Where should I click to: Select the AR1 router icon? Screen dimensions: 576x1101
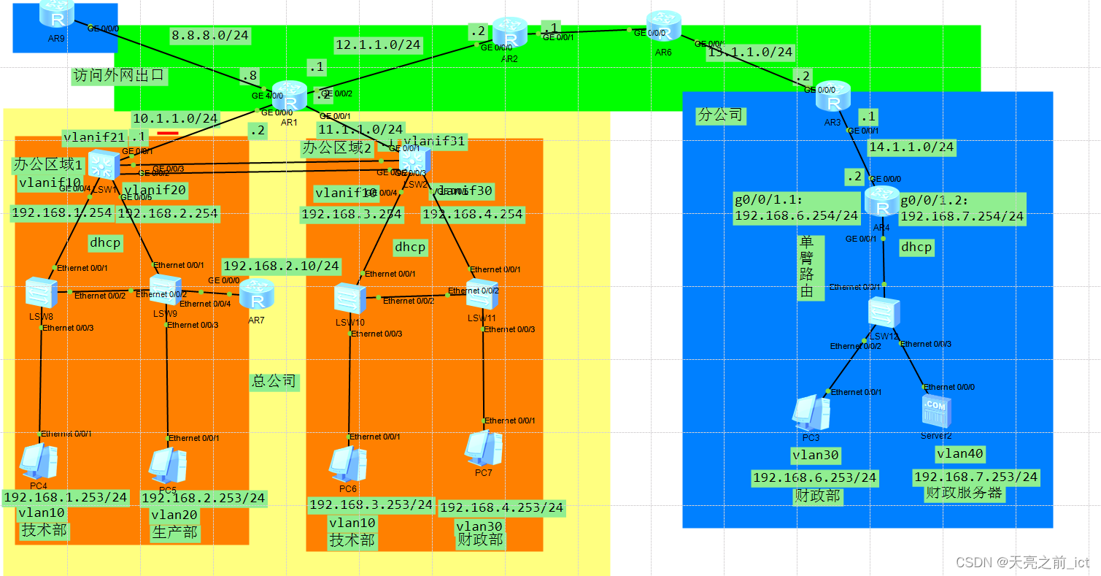pos(291,97)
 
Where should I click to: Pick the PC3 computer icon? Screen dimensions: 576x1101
pos(811,413)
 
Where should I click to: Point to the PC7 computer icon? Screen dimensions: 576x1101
pos(484,448)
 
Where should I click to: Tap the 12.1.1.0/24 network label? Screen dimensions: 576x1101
pos(378,45)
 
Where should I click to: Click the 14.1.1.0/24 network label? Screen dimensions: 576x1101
pos(911,147)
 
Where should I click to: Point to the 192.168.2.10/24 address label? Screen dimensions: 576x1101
pos(282,266)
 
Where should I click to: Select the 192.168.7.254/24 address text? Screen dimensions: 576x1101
pos(962,216)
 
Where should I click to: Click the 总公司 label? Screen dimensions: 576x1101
pos(274,381)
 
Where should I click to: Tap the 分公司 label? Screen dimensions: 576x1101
pos(720,115)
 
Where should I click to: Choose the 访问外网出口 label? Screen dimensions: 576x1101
pos(120,76)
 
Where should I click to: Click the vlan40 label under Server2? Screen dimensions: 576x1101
pos(960,454)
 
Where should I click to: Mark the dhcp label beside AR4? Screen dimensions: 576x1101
pos(916,247)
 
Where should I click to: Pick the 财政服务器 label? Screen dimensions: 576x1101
pos(964,493)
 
